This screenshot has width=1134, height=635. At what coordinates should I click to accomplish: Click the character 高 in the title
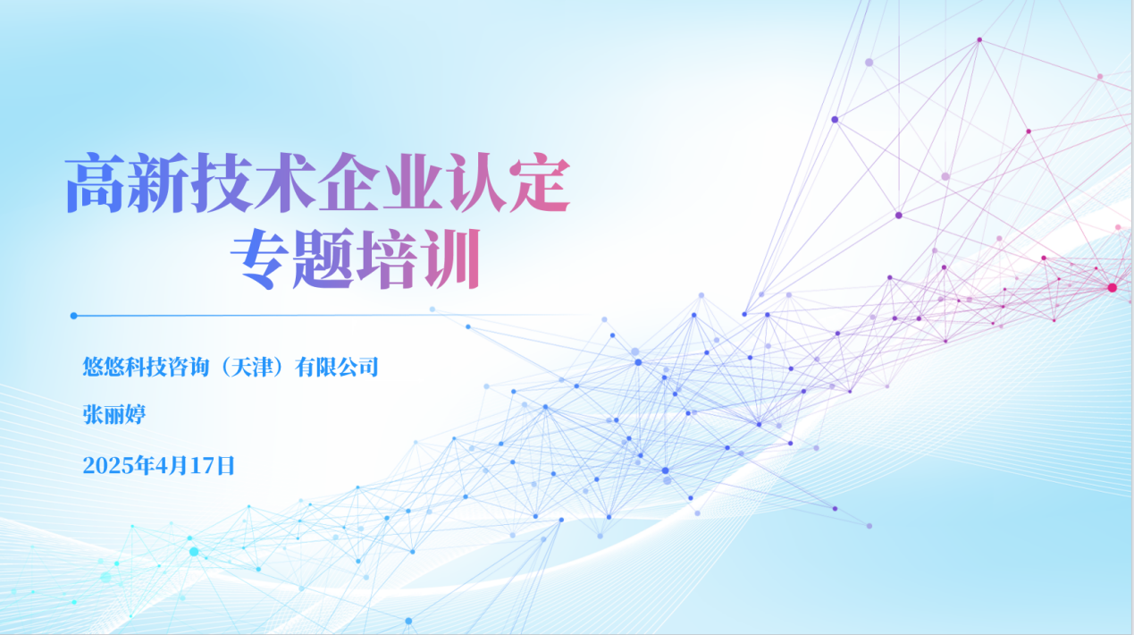point(95,182)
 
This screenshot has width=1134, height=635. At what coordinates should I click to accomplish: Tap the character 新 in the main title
point(158,182)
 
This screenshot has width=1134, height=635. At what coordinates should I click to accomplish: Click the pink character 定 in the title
point(540,182)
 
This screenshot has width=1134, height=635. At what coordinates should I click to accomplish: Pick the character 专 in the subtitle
point(261,259)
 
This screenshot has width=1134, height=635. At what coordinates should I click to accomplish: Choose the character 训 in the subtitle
point(451,259)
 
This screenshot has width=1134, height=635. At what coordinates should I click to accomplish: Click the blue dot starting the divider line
point(74,316)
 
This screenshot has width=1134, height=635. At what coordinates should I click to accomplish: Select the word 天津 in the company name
point(253,367)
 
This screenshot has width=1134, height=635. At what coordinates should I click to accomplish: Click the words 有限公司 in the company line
point(337,367)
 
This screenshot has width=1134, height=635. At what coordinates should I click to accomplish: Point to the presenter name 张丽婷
point(114,414)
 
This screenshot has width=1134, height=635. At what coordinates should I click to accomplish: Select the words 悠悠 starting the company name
point(104,367)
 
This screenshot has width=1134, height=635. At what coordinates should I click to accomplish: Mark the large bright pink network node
point(1113,287)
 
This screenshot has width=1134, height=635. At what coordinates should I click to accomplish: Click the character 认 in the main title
point(477,182)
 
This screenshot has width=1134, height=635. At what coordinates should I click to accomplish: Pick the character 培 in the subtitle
point(388,259)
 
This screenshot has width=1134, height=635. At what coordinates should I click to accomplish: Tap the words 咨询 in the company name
point(189,367)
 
